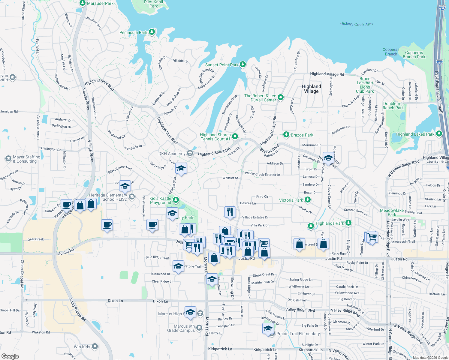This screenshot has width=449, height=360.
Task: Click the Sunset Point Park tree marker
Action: pos(243,64)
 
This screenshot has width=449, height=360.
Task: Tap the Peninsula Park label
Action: pos(133,32)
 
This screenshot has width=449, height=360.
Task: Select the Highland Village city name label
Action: pos(311,89)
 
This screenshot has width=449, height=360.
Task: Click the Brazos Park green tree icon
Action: pos(286,135)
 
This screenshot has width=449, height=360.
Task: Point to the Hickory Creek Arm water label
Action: pos(356,24)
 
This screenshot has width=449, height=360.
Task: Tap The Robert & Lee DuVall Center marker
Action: pos(281,97)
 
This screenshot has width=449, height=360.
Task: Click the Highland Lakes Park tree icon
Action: pos(439,134)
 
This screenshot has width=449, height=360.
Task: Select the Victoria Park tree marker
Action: pos(307,200)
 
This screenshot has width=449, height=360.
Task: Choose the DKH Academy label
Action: pos(172,154)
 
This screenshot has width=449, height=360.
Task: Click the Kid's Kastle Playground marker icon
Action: pos(176,200)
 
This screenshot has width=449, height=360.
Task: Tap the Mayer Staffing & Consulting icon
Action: pos(8,159)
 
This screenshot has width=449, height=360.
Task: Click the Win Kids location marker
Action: pos(95,346)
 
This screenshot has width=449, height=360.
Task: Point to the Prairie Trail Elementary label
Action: pos(298,334)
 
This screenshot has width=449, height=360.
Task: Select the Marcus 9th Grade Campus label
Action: pos(181,328)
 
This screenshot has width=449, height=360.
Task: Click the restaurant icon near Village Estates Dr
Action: pos(230,212)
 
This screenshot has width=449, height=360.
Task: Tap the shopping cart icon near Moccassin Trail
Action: pos(372,237)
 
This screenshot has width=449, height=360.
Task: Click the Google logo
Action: pos(10,356)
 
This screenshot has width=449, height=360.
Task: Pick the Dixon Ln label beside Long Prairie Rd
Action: pos(115,301)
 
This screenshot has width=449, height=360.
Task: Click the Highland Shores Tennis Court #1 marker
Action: pos(235,136)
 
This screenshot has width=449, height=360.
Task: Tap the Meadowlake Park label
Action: pos(392,212)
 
